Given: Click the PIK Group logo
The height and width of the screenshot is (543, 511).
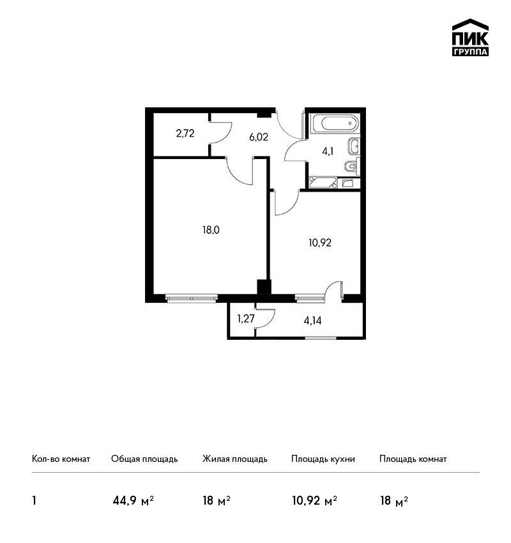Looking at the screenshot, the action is coord(470,38).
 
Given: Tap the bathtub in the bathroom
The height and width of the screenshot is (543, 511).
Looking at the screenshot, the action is coord(335,123).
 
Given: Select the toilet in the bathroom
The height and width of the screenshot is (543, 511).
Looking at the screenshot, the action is coord(352,167).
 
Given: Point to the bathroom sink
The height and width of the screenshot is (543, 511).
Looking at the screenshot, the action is coord(354,146).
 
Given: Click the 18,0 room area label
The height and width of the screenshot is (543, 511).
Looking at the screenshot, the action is coord(211,230).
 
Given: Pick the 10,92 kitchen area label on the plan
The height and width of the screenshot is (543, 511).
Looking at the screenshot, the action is coord(320,243).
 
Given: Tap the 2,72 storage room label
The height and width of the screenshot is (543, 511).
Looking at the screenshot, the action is coord(185,134).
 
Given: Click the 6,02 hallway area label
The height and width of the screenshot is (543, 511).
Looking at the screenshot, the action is coord(259,137).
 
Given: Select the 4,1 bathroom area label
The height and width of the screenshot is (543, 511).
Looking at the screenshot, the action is coord(328,151).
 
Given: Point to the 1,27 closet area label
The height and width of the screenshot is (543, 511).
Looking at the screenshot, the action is coord(246,319).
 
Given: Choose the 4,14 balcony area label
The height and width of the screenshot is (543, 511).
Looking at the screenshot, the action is coord(312,321).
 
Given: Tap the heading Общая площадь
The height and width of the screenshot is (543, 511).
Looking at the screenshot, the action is coord(144,459).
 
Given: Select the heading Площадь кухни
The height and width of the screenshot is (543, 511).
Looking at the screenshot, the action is coord(323,459).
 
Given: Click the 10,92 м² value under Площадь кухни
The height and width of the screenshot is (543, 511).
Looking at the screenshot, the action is coord(315,501).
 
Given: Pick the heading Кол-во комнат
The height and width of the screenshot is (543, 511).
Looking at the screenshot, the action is coord(61,459).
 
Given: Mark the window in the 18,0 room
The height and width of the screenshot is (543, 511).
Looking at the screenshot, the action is coord(192,298).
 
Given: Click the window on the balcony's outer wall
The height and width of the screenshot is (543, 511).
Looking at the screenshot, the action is coord(321,338).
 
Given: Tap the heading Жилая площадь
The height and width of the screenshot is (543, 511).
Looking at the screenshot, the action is coord(234,459).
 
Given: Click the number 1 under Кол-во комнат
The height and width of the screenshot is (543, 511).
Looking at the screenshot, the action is coord(34,501).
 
